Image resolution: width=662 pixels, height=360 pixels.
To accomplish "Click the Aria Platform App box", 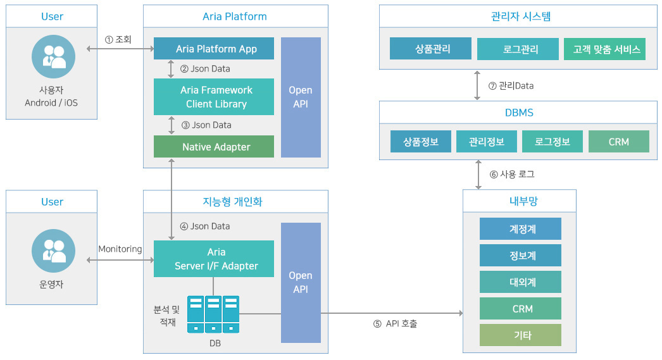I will click(x=214, y=49).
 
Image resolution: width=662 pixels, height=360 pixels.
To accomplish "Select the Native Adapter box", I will click(x=214, y=147).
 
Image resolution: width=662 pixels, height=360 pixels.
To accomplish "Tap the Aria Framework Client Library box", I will click(x=214, y=97).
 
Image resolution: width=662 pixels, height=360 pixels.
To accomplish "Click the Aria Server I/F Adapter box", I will click(x=214, y=259).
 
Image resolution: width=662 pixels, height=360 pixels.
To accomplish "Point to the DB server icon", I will click(x=213, y=314).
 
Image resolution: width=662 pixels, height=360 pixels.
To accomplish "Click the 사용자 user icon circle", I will click(x=53, y=57).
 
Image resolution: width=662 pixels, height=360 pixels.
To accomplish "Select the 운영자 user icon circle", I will click(x=53, y=251).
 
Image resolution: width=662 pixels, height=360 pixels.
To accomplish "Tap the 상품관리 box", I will click(x=430, y=49).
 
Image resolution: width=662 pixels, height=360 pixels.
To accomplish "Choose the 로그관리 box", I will click(x=518, y=49).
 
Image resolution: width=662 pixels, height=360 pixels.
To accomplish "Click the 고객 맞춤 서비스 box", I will click(x=604, y=49).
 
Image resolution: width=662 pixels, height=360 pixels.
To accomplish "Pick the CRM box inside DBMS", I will click(x=618, y=142).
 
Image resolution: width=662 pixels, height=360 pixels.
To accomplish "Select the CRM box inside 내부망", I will click(x=520, y=309).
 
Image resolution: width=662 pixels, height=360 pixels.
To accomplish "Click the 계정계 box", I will click(x=520, y=229).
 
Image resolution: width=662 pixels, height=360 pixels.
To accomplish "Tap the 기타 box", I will click(x=520, y=335).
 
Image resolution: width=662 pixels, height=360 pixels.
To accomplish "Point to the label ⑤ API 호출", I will click(x=395, y=324).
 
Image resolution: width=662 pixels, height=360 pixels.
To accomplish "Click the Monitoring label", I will click(x=120, y=249).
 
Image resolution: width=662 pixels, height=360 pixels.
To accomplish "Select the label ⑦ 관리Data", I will click(x=511, y=85).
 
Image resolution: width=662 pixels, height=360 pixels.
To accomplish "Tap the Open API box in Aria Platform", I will click(x=301, y=97).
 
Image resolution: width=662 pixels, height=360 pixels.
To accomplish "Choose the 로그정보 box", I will click(x=553, y=142).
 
